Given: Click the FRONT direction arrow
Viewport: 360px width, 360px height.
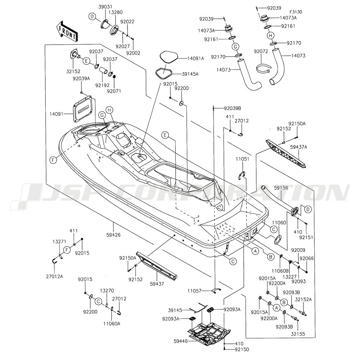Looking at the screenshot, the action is tap(67, 31).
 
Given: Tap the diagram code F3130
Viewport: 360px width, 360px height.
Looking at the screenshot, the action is tap(296, 12).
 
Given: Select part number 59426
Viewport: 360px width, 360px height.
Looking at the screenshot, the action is tap(113, 235).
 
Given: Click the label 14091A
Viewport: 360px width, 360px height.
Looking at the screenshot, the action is tap(195, 58).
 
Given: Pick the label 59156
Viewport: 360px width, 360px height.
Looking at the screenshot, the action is tap(281, 188).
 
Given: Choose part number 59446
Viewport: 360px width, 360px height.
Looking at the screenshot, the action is tap(181, 341).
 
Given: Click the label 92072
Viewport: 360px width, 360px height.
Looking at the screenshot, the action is tap(261, 51).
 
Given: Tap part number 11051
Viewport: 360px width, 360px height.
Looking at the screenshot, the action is tap(243, 159).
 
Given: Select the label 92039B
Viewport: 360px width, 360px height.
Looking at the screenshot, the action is tap(233, 108).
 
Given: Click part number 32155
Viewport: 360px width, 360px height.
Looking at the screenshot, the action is tap(298, 334).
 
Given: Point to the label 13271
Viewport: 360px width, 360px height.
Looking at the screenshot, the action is tap(59, 241).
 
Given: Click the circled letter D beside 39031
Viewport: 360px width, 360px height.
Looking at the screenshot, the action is tap(92, 16).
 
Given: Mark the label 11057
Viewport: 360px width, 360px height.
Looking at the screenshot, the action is tap(194, 291).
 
